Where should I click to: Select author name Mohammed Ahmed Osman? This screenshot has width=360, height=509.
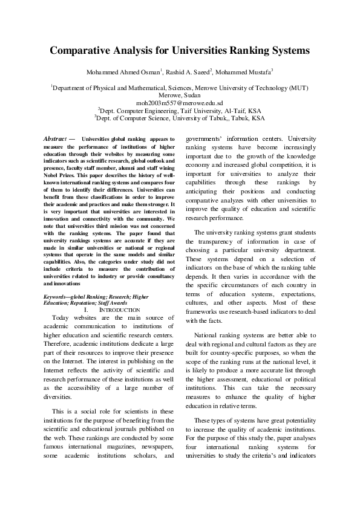123,72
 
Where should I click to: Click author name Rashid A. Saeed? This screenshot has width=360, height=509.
188,72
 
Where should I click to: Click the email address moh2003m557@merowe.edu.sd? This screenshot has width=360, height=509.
180,103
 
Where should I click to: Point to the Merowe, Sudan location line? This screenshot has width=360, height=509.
180,96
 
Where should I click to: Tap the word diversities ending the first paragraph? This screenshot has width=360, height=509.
62,397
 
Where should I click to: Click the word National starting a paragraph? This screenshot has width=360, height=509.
209,334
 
